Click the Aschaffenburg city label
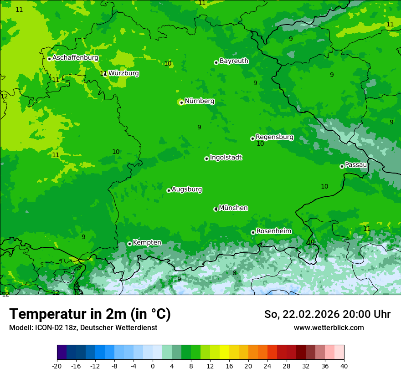(75, 58)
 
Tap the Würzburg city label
(123, 73)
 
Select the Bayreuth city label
(234, 61)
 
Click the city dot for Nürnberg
(181, 102)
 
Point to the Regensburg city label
(274, 137)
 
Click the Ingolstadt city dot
(206, 158)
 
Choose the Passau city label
(356, 165)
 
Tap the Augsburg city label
(187, 189)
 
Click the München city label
(233, 208)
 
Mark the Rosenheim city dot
(253, 232)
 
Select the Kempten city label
(147, 243)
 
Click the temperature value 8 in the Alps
(234, 273)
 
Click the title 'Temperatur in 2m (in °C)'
(90, 314)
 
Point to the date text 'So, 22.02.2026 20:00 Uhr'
(327, 314)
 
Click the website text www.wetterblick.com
(329, 328)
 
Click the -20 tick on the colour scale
(57, 366)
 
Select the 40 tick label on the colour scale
(344, 366)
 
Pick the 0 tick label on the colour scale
(153, 366)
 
